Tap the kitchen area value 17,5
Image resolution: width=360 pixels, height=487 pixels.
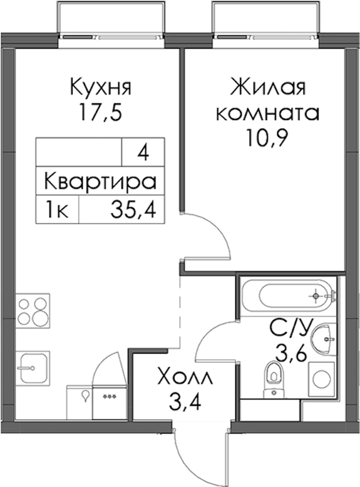point(101,112)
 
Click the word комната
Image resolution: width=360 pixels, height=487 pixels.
point(268,114)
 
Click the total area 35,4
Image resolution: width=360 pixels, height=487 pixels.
point(133,210)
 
